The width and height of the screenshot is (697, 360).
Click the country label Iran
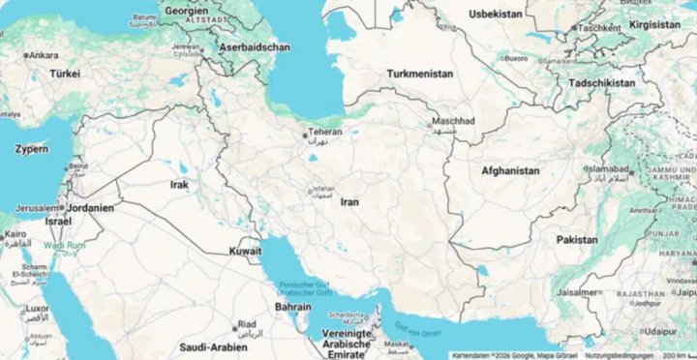click(x=349, y=202)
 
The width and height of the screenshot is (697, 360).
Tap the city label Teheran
click(x=324, y=132)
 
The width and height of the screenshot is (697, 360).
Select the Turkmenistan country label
click(x=419, y=74)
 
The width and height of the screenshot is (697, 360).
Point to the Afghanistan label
click(x=510, y=171)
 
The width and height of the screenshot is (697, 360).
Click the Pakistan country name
click(x=577, y=239)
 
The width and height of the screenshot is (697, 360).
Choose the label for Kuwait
click(x=245, y=251)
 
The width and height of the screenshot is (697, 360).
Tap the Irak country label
click(x=179, y=184)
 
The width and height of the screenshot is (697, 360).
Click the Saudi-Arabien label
click(x=213, y=346)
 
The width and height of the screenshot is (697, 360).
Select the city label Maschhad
click(x=453, y=121)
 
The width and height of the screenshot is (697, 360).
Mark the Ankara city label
click(x=43, y=55)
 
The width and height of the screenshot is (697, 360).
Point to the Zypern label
click(x=32, y=150)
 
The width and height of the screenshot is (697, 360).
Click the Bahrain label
click(x=292, y=306)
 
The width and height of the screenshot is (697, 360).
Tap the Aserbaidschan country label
click(x=255, y=46)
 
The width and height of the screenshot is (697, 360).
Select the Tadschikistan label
click(x=604, y=83)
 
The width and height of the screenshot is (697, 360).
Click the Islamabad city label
click(x=607, y=169)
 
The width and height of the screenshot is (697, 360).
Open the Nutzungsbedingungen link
click(x=619, y=355)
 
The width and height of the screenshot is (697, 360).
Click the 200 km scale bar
click(x=678, y=355)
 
